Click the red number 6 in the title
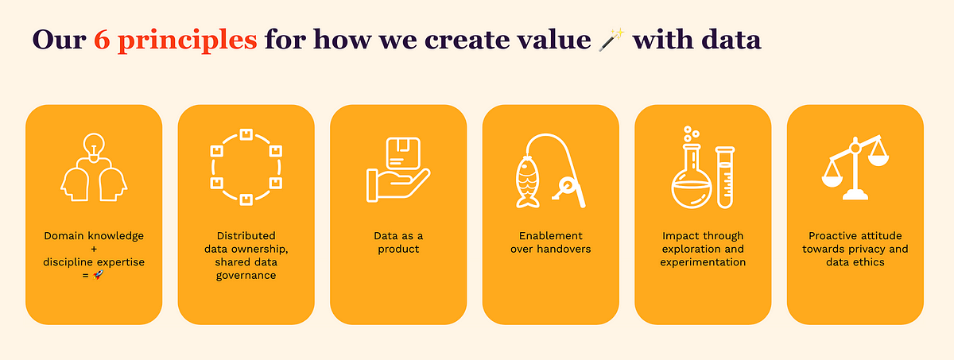(102, 40)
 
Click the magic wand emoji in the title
(611, 40)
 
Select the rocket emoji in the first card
(98, 275)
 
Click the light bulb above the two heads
(94, 147)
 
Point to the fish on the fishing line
(527, 182)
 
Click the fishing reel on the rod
(565, 188)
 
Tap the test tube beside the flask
(725, 177)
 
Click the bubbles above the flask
(691, 134)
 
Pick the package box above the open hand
(403, 153)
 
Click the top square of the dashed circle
(246, 134)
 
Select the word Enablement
(551, 236)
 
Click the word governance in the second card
(246, 276)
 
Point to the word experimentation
(703, 262)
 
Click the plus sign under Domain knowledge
(94, 249)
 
